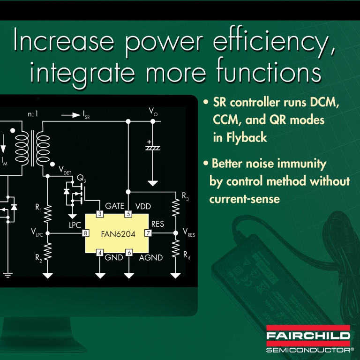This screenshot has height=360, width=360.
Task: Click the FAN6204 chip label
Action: coord(118,234)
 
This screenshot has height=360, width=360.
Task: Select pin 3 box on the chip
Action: coord(100,214)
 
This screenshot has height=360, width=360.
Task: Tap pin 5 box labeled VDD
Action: coord(128,214)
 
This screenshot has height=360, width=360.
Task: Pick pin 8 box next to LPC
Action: coord(85,233)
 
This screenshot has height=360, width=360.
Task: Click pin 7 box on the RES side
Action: coord(148,233)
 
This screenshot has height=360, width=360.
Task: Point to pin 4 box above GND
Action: coord(100,253)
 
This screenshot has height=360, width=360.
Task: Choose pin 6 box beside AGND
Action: coord(129,253)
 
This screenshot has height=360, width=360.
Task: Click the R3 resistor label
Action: coord(185,196)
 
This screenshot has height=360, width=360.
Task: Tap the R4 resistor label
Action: coord(187,255)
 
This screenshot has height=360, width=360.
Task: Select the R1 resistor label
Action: coord(38,208)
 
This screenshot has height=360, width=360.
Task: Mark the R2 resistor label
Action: coord(38,258)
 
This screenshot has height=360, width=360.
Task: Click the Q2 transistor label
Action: coord(82,179)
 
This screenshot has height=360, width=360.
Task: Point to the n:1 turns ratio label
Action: coord(33,114)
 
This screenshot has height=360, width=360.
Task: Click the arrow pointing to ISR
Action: coord(71,115)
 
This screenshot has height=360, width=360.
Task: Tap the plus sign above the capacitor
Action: coord(149,142)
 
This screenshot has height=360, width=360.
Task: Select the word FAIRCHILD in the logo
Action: coord(308,336)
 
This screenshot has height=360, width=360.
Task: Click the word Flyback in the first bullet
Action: coord(247,138)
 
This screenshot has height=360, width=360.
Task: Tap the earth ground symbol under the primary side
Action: coord(8,275)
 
